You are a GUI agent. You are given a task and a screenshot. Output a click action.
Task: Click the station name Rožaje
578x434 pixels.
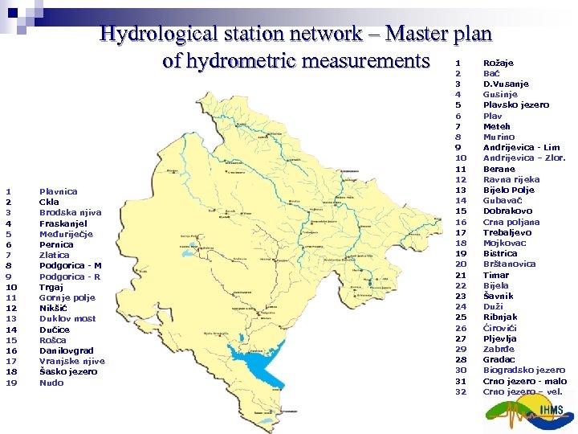(x=499, y=63)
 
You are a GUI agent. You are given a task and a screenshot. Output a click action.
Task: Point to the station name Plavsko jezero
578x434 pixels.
(x=516, y=105)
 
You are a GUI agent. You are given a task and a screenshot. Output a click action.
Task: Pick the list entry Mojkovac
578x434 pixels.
(x=505, y=243)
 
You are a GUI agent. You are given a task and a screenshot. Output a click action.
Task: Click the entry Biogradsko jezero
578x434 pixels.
(x=523, y=371)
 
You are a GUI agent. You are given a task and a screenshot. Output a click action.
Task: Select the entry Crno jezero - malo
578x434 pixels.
(x=524, y=381)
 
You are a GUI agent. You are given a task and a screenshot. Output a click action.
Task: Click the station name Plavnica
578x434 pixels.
(x=59, y=191)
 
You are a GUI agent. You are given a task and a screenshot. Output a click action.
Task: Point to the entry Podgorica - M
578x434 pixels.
(x=71, y=265)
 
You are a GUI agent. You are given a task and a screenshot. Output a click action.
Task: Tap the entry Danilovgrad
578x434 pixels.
(x=67, y=350)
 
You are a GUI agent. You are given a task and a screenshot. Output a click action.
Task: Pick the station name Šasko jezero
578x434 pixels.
(x=68, y=371)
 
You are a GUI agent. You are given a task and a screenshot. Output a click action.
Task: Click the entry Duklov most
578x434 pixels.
(x=67, y=318)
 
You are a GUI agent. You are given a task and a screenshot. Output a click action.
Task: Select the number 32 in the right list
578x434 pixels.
(x=461, y=392)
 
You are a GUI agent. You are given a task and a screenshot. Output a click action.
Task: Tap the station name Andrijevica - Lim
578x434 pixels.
(x=521, y=148)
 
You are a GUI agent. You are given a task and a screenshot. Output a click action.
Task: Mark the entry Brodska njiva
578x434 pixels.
(x=71, y=212)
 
